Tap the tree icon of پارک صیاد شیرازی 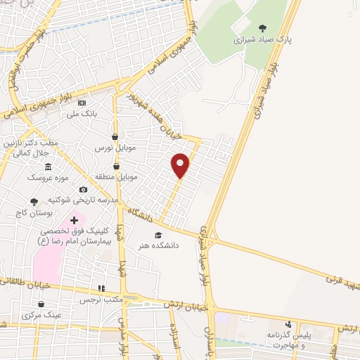(x=263, y=28)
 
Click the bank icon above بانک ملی (x=82, y=103)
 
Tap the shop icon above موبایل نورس (x=115, y=136)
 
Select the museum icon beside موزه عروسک (x=48, y=167)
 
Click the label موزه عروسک (x=45, y=177)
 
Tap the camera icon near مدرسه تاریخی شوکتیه (x=84, y=189)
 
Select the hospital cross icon (x=75, y=221)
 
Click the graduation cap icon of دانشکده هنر (x=157, y=235)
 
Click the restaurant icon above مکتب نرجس (x=101, y=288)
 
